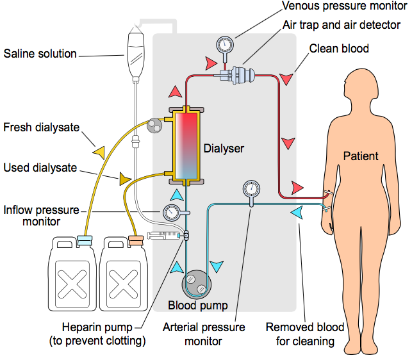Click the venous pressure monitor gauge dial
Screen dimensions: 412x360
coord(225,44)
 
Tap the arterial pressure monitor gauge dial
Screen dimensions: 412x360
coord(251,189)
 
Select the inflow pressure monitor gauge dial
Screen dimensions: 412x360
coord(172,213)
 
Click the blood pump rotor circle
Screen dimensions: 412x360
coord(196,284)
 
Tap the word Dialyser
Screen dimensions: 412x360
coord(224,149)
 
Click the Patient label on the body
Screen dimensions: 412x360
coord(361,156)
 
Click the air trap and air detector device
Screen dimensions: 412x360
coord(237,75)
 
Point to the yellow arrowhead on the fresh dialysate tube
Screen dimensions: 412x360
coord(99,152)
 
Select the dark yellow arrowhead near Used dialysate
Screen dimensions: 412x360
coord(124,179)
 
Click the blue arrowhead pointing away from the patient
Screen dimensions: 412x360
coord(297,213)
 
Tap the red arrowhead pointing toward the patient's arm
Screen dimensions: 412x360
coord(297,188)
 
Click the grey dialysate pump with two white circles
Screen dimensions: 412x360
coord(154,126)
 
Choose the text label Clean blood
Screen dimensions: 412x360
coord(339,49)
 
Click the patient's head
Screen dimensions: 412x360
coord(361,85)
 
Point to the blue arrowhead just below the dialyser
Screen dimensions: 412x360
coord(177,195)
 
